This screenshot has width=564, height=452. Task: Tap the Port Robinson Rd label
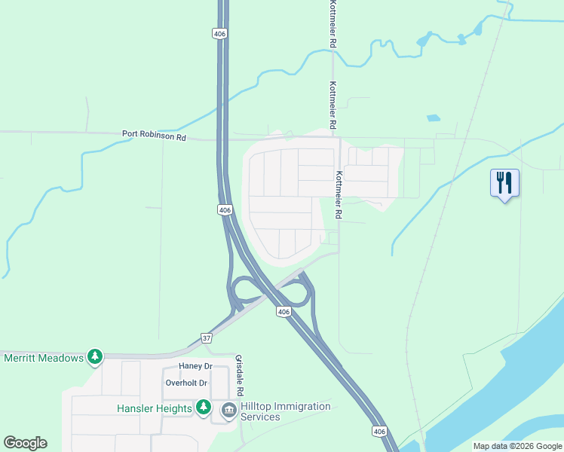(154, 136)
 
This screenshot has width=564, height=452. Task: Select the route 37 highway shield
(207, 338)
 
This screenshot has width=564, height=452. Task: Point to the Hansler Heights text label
(155, 408)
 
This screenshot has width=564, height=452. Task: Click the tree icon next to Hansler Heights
(203, 408)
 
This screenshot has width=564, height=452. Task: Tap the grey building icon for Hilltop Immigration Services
(228, 411)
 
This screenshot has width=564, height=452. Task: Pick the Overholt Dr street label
(186, 383)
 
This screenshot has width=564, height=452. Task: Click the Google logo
(25, 443)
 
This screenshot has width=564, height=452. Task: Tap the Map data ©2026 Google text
(517, 446)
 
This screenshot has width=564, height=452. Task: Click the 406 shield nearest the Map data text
(379, 431)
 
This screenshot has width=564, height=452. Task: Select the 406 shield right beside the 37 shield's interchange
(283, 312)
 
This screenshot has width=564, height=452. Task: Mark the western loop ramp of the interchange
(243, 290)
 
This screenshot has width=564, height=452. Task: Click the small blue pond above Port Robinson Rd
(432, 118)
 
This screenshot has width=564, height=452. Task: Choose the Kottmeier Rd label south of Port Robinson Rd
(339, 195)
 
